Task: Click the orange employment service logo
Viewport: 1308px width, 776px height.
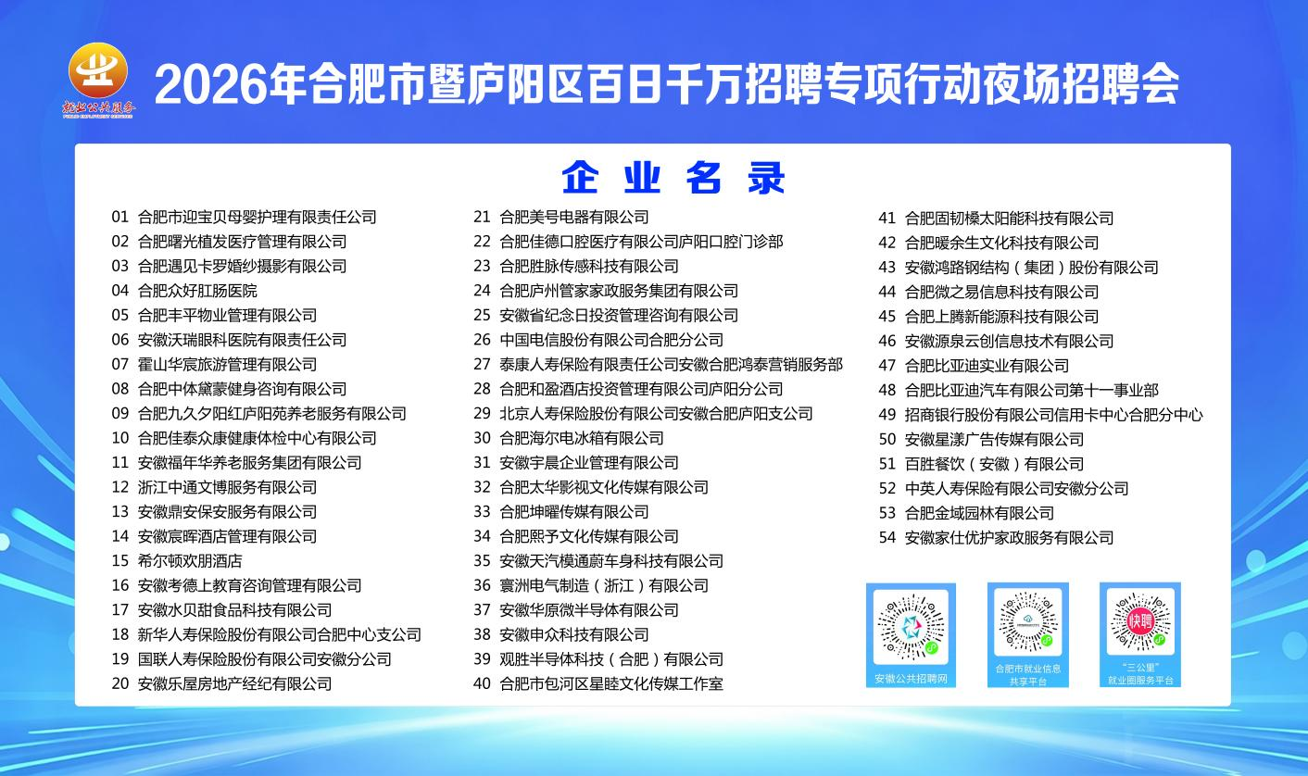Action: point(98,80)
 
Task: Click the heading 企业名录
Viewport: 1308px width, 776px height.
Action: point(673,178)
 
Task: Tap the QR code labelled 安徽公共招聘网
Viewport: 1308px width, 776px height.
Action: point(911,627)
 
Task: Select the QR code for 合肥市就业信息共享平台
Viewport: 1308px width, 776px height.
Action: point(1027,622)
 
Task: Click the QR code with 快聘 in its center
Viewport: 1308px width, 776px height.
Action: point(1140,621)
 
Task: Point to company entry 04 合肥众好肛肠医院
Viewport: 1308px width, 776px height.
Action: point(184,291)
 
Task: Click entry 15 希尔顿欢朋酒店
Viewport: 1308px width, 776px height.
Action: point(177,561)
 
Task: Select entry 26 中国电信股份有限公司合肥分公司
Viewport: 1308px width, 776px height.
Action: point(598,340)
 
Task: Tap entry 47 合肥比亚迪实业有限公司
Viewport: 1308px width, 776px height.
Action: point(974,366)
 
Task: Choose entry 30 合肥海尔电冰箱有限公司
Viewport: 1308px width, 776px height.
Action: point(569,438)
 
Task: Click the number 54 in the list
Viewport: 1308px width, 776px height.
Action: point(887,537)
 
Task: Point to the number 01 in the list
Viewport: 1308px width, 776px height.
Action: point(119,218)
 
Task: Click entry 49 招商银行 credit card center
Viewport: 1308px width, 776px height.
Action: point(1040,415)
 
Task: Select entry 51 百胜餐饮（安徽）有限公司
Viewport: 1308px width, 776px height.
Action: point(982,464)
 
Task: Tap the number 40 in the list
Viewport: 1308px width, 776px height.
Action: point(482,683)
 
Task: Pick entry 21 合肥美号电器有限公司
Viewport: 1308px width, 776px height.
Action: point(561,218)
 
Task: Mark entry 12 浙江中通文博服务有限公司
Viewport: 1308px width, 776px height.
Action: point(214,487)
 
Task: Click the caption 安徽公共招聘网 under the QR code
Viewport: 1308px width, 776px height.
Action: point(911,679)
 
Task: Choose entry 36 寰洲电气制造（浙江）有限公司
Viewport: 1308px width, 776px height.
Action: point(591,585)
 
